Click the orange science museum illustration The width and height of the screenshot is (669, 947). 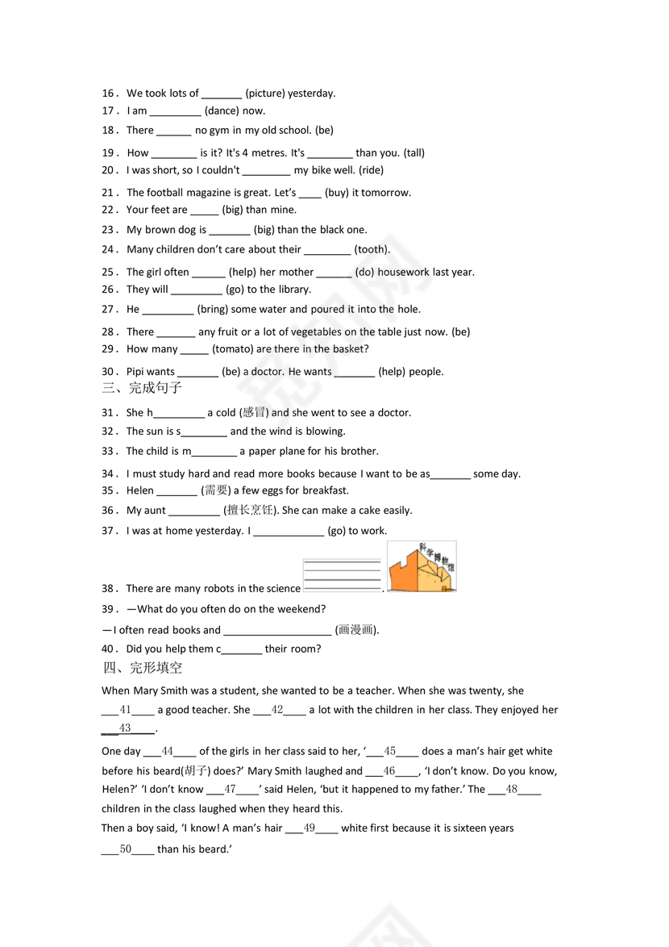[422, 567]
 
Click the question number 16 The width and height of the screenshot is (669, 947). [108, 94]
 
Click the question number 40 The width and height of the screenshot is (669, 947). [108, 649]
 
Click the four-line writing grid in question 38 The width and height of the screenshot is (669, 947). [342, 575]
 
